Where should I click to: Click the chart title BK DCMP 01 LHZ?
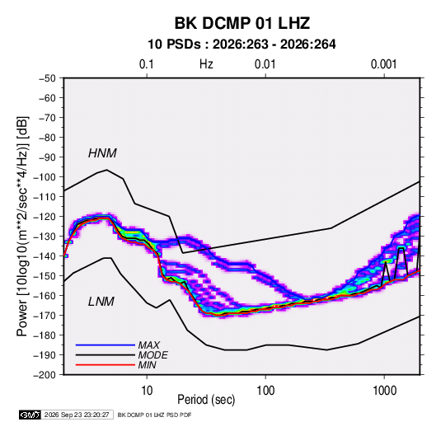tap(242, 23)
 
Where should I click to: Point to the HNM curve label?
tap(102, 153)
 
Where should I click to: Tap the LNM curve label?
tap(101, 302)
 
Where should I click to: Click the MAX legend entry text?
tap(148, 345)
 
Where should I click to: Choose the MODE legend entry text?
tap(152, 355)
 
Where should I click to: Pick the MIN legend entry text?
tap(147, 365)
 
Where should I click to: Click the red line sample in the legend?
tap(106, 365)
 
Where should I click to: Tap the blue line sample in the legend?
tap(106, 345)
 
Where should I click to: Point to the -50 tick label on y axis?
tap(47, 78)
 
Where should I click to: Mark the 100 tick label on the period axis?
tap(265, 391)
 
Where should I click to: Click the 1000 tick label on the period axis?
tap(384, 391)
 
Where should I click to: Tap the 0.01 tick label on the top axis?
tap(265, 64)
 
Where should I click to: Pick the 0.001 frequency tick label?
tap(383, 64)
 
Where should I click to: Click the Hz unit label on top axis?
tap(206, 64)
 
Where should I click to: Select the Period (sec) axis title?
tap(206, 400)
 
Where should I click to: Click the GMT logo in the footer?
tap(30, 415)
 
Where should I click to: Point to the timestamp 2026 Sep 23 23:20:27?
tap(77, 415)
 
